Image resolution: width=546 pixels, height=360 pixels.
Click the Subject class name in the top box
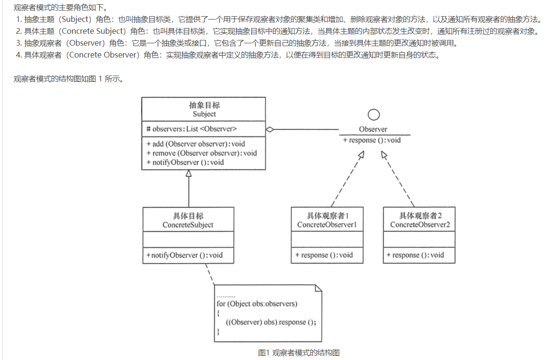pos(204,114)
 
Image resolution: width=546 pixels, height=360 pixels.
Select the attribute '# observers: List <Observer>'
pos(192,129)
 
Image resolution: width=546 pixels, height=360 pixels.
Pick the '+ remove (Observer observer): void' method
pos(202,153)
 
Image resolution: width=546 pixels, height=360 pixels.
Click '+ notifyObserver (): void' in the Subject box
pos(185,162)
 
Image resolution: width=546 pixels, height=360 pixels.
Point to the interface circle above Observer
pos(374,115)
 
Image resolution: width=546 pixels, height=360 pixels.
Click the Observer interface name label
pos(373,129)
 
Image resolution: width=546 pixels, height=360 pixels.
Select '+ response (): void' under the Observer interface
pos(372,140)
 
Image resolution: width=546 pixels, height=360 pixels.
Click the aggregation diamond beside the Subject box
pos(270,129)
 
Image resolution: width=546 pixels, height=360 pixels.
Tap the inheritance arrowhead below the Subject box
pos(189,174)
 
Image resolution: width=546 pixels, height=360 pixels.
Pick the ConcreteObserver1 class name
pos(327,224)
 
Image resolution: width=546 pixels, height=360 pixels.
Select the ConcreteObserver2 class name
pos(419,224)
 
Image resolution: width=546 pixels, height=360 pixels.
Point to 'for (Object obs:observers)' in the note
pos(257,303)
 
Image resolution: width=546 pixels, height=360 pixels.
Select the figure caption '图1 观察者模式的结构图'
pos(299,352)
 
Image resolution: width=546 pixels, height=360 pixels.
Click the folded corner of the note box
pos(318,288)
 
